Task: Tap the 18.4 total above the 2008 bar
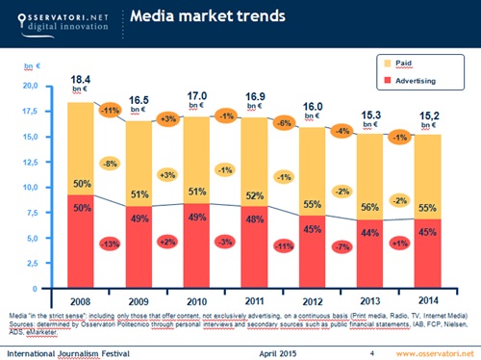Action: coord(81,76)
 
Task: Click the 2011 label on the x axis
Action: coord(255,300)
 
